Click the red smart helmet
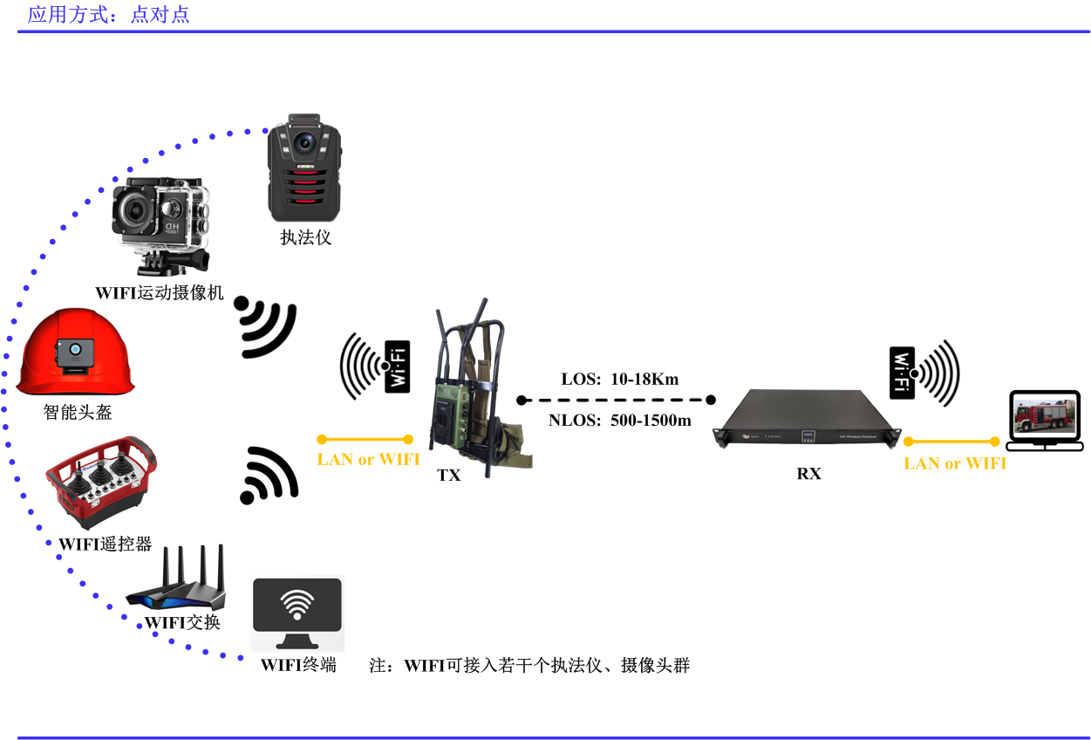click(x=75, y=352)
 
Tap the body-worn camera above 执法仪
click(x=304, y=168)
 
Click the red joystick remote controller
click(x=101, y=482)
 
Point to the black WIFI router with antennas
click(x=176, y=579)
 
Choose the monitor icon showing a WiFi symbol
click(x=297, y=613)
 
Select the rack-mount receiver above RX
click(x=807, y=418)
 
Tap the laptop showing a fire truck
click(x=1045, y=421)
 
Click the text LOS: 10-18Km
click(x=619, y=379)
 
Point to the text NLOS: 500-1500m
click(x=619, y=420)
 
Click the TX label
click(x=448, y=475)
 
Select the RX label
click(x=809, y=473)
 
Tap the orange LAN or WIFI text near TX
click(x=368, y=459)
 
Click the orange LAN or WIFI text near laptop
click(x=955, y=463)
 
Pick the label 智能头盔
click(x=78, y=412)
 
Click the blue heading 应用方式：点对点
click(x=108, y=15)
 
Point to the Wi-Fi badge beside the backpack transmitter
click(x=398, y=367)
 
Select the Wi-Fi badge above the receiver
click(x=902, y=373)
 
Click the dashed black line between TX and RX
click(x=616, y=401)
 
